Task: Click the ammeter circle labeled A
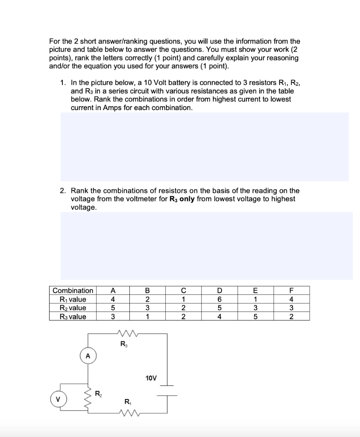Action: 88,355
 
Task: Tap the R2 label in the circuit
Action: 98,393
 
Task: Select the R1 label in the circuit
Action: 127,401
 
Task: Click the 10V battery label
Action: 151,378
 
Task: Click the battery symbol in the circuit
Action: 167,390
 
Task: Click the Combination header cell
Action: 73,291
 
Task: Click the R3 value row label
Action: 69,316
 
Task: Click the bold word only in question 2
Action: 187,199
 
